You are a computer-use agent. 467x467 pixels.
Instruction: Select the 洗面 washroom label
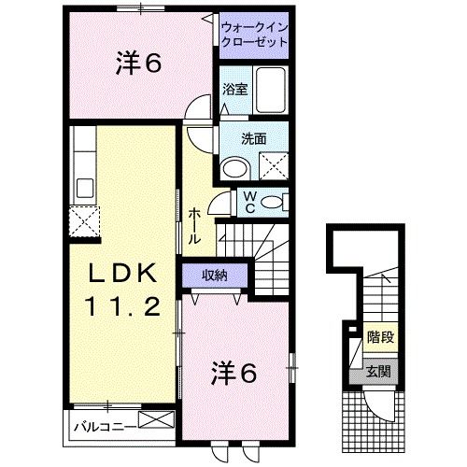pos(254,138)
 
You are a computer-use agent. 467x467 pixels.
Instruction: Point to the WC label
pos(250,202)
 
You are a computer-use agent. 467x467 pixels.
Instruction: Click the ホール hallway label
pos(193,225)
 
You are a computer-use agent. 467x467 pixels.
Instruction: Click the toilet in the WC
pos(274,202)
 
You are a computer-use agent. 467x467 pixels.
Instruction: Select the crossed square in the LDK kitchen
pos(82,224)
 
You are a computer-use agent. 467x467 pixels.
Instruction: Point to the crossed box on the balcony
pos(156,420)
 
